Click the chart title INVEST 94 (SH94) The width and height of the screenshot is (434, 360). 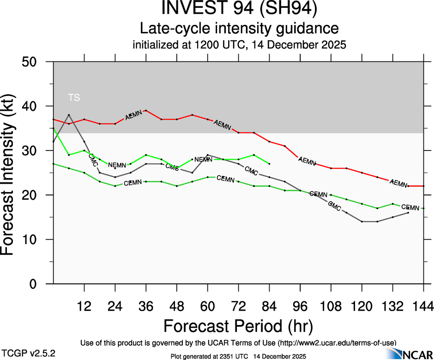[239, 10]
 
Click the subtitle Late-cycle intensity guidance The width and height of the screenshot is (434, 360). [239, 29]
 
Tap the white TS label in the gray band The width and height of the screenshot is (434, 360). [74, 97]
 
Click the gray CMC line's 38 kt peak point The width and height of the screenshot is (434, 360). [69, 115]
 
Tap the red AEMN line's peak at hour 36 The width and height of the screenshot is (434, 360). [146, 110]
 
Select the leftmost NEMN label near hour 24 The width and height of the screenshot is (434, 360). [117, 165]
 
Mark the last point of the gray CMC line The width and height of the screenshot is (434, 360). [408, 213]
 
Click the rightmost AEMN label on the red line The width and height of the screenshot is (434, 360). [398, 183]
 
